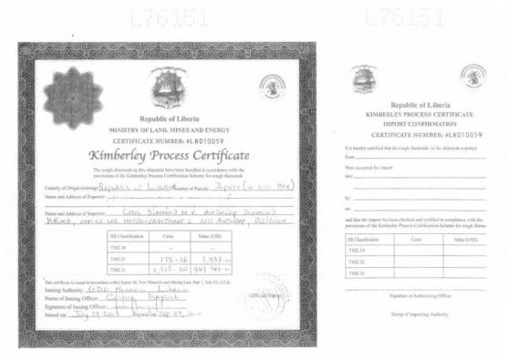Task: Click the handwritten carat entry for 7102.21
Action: point(170,258)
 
